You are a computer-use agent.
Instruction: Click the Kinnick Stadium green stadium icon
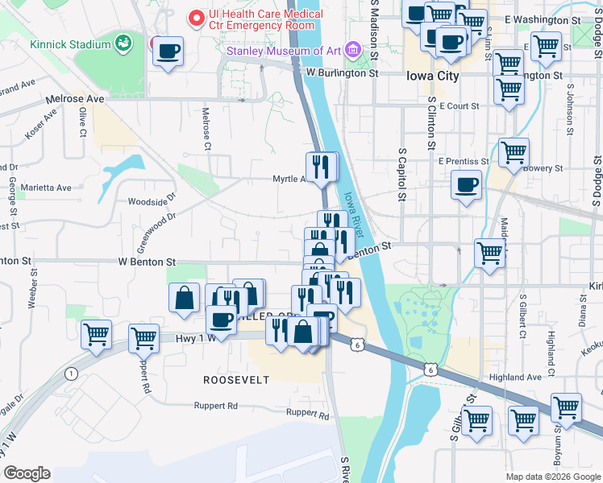point(123,41)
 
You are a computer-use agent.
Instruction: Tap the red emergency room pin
point(195,16)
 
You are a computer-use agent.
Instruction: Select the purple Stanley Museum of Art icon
point(352,51)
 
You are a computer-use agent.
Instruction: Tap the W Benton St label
point(147,262)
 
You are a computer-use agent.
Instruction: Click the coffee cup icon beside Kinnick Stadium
point(168,52)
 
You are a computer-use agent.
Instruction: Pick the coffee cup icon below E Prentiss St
point(466,185)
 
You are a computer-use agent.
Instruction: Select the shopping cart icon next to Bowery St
point(514,151)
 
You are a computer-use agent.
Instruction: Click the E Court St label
point(459,105)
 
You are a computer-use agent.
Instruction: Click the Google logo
point(27,473)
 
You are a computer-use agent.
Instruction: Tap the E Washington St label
point(542,18)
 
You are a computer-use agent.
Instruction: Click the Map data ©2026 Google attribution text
point(553,477)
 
